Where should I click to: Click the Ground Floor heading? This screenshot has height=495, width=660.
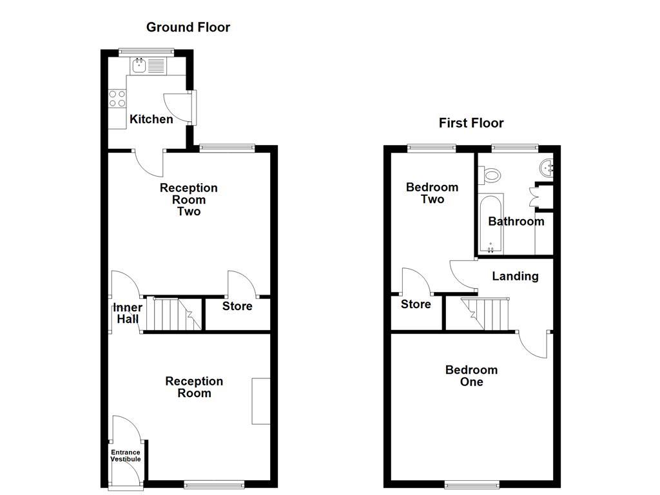[188, 27]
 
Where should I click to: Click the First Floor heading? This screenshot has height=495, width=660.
[471, 122]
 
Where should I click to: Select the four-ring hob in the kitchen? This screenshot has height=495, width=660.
[117, 98]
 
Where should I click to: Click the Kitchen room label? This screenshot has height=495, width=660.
[151, 119]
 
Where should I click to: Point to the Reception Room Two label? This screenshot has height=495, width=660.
[189, 199]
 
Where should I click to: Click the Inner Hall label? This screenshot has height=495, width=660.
[128, 313]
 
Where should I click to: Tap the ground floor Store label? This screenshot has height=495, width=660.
[237, 306]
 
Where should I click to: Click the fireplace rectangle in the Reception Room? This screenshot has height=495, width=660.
[260, 401]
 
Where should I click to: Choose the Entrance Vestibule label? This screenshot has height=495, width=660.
[125, 456]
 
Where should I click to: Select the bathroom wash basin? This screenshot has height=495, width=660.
[546, 169]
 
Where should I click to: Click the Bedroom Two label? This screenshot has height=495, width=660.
[432, 193]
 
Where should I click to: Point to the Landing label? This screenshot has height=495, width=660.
[515, 277]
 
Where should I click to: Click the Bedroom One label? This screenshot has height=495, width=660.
[471, 376]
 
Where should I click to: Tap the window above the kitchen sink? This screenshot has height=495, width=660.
[147, 51]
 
